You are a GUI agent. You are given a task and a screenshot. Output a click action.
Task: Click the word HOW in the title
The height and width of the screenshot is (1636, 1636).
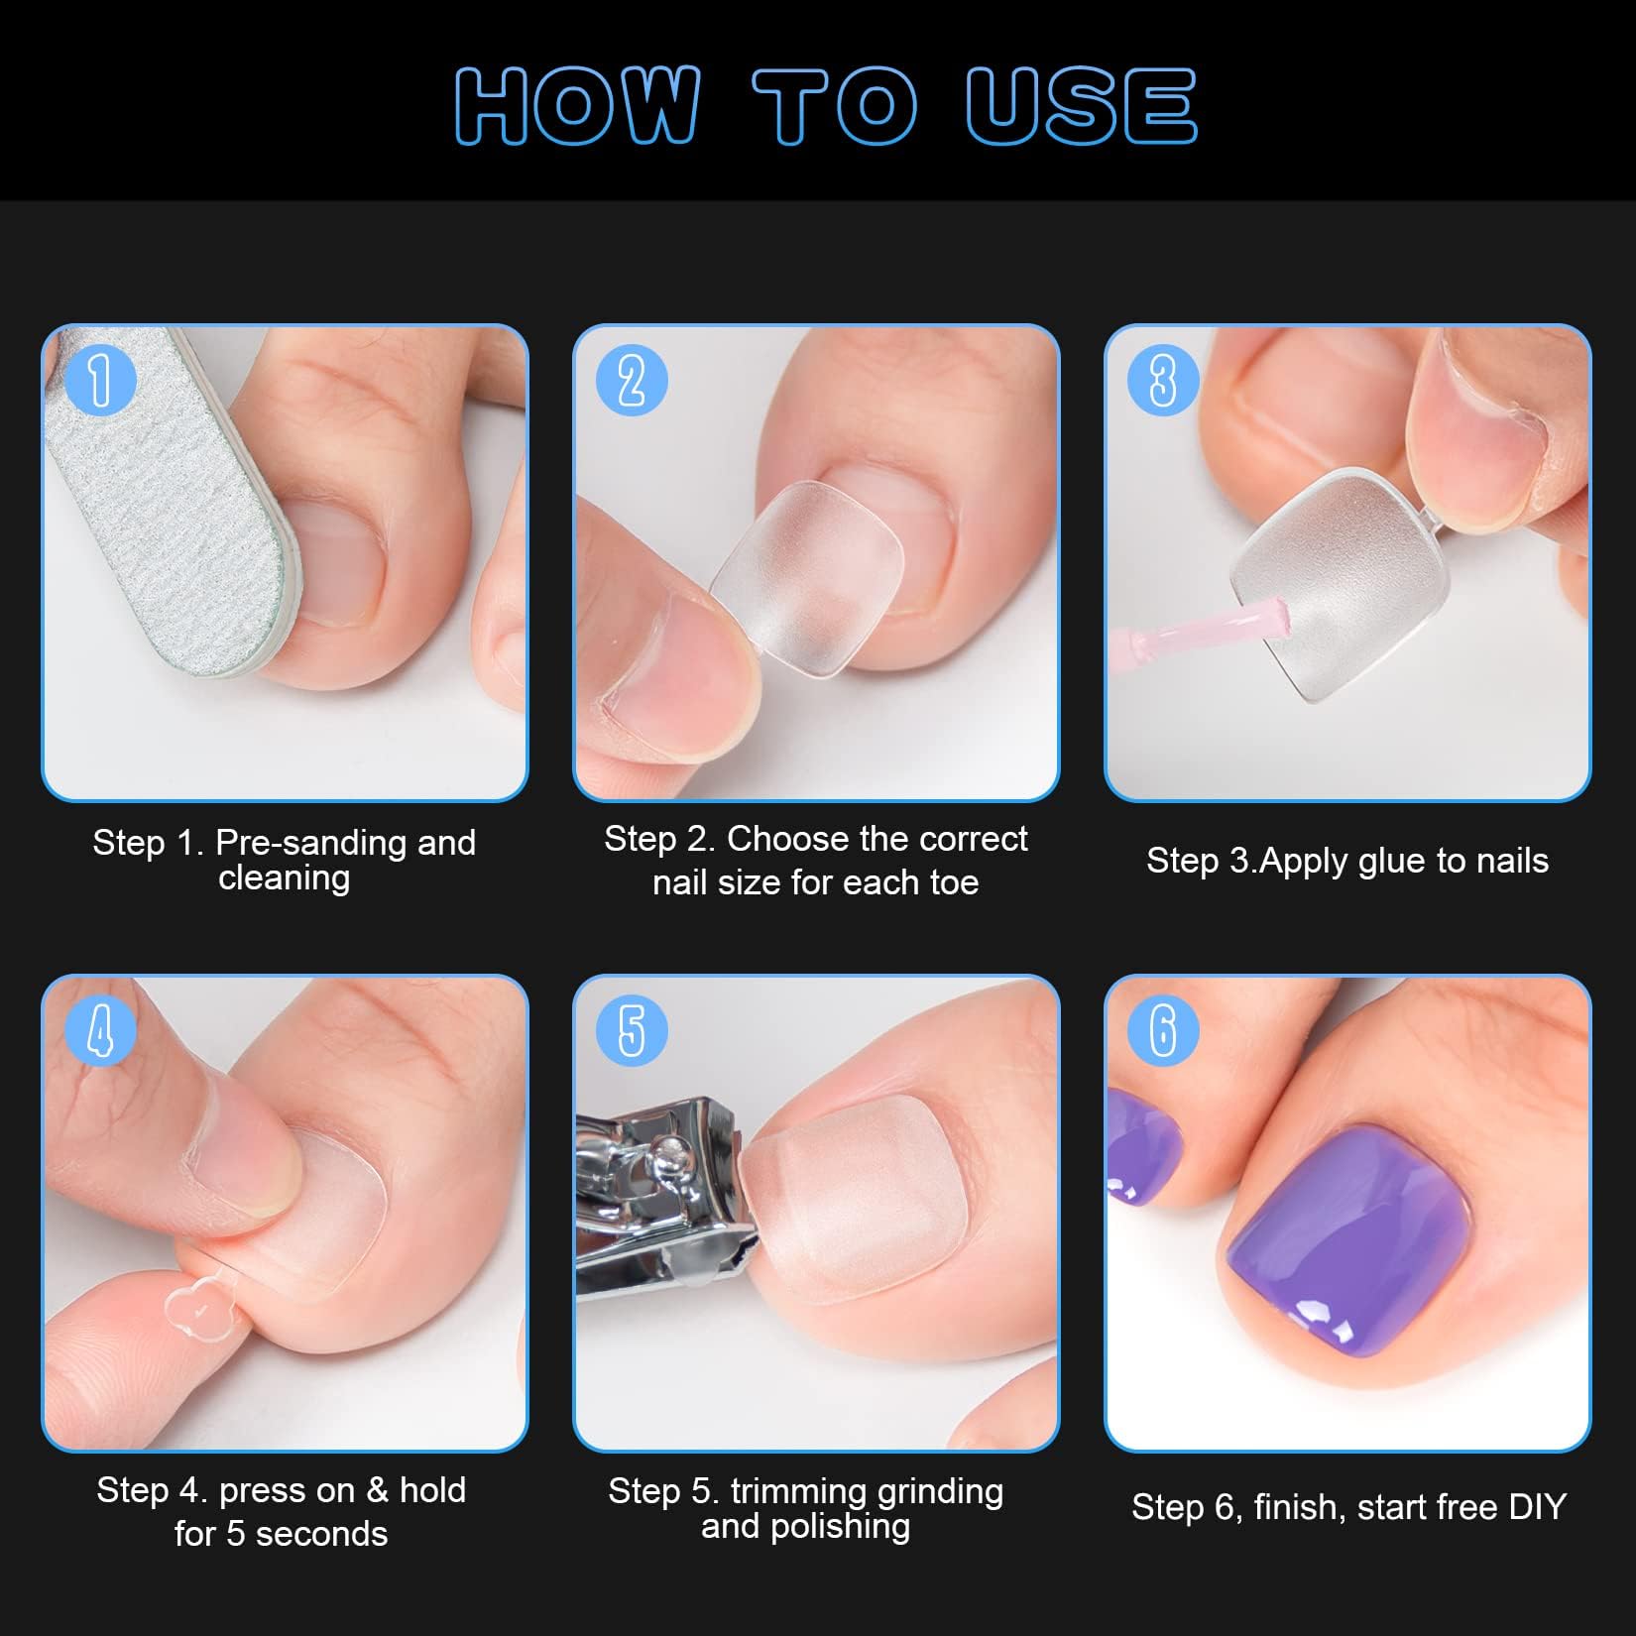[x=578, y=106]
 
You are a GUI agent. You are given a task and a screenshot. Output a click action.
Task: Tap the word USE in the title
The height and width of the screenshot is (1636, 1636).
[x=1081, y=106]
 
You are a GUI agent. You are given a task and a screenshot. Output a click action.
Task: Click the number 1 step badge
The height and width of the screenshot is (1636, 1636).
[x=100, y=381]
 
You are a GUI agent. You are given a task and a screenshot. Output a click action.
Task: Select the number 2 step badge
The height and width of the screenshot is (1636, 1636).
[x=632, y=381]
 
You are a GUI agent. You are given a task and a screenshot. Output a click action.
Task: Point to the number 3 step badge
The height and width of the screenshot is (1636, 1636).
[x=1163, y=381]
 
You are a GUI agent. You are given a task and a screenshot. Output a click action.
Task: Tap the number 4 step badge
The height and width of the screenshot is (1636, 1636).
[x=100, y=1030]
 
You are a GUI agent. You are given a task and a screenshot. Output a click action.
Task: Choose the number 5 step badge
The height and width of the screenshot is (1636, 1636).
[x=632, y=1030]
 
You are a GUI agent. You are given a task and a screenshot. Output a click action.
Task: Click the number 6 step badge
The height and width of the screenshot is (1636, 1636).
[x=1163, y=1030]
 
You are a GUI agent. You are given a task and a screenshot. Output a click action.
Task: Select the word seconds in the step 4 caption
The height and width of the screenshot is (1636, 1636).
[x=321, y=1534]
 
